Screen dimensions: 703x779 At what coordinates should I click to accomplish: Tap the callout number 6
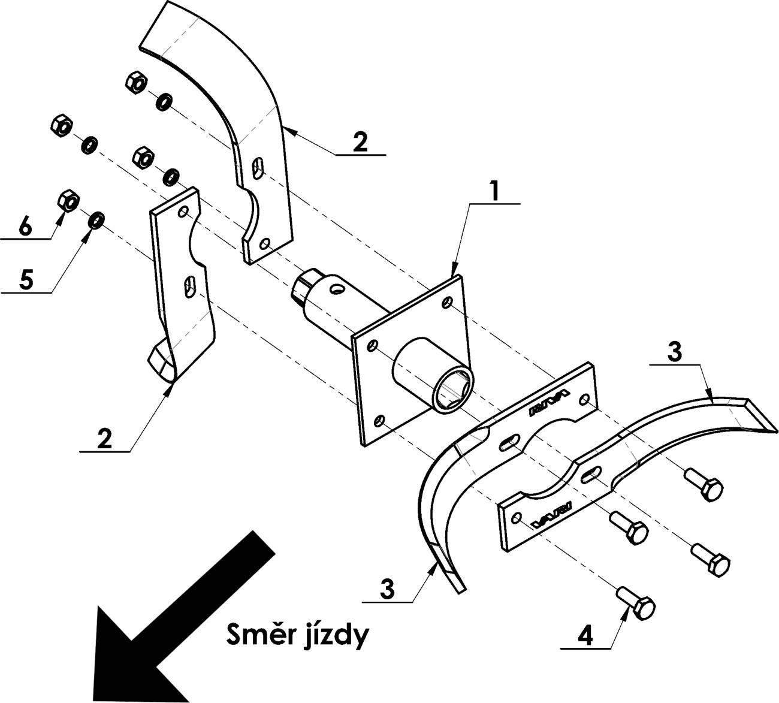[24, 226]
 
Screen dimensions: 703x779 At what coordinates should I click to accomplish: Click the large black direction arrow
[174, 623]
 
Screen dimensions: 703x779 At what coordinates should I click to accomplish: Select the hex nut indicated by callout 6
[68, 201]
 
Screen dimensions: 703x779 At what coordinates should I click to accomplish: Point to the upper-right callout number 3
[674, 352]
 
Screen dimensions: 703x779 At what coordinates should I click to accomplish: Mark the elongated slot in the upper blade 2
[259, 167]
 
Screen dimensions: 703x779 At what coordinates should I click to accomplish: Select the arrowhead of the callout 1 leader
[454, 272]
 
